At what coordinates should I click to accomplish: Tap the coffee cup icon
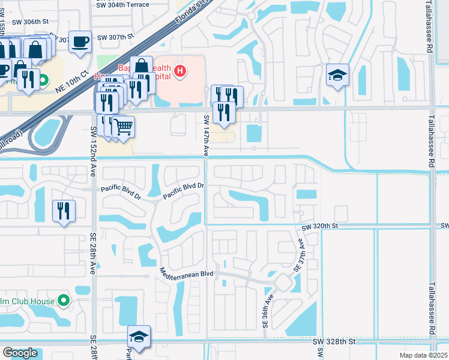click(x=80, y=41)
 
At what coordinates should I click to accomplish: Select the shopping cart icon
click(x=123, y=127)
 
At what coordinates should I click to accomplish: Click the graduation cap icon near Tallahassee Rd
click(x=337, y=75)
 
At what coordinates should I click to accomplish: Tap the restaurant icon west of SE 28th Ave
click(x=64, y=211)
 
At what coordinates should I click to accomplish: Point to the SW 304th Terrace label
click(x=131, y=4)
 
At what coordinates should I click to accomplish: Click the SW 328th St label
click(x=334, y=341)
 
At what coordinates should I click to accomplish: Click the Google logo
click(x=20, y=352)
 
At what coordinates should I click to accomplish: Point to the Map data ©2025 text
click(x=423, y=355)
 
